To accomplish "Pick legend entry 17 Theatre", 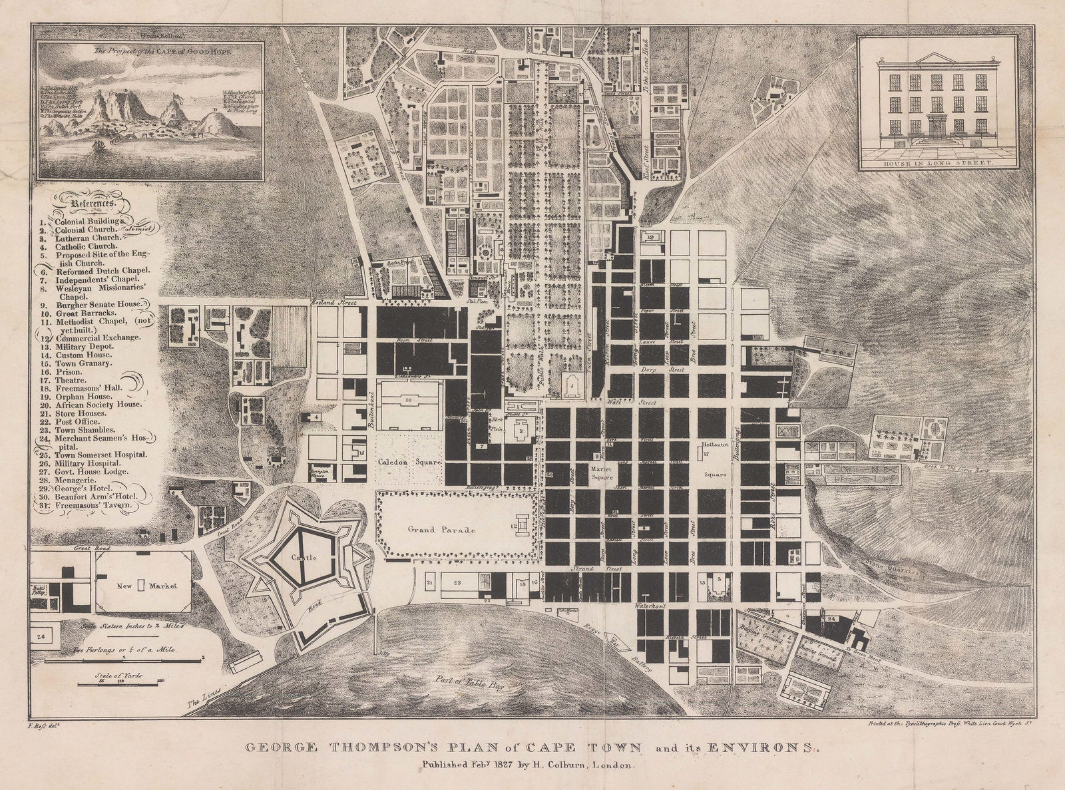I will (x=65, y=383).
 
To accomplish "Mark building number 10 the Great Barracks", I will (x=408, y=399).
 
